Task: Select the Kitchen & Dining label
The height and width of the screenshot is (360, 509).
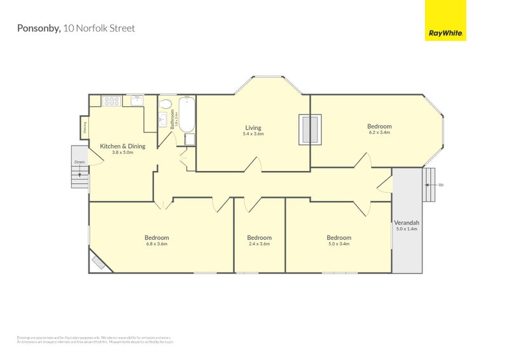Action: point(123,146)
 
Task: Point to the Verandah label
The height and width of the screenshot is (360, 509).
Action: point(406,223)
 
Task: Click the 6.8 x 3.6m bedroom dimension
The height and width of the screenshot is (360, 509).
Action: point(157,244)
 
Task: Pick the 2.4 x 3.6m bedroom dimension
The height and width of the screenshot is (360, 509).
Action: point(260,244)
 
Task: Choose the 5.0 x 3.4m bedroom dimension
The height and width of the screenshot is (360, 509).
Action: point(339,244)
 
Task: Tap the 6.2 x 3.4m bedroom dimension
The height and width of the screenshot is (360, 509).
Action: point(379,132)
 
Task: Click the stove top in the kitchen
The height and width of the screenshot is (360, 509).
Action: point(112,100)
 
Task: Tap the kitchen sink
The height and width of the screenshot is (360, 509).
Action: point(137,100)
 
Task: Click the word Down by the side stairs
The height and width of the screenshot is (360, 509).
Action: point(80,162)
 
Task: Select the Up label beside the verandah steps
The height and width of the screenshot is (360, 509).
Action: point(440,184)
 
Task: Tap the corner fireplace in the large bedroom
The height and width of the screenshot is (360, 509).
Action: point(99,261)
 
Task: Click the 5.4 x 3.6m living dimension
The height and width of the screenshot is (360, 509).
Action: point(253,134)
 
